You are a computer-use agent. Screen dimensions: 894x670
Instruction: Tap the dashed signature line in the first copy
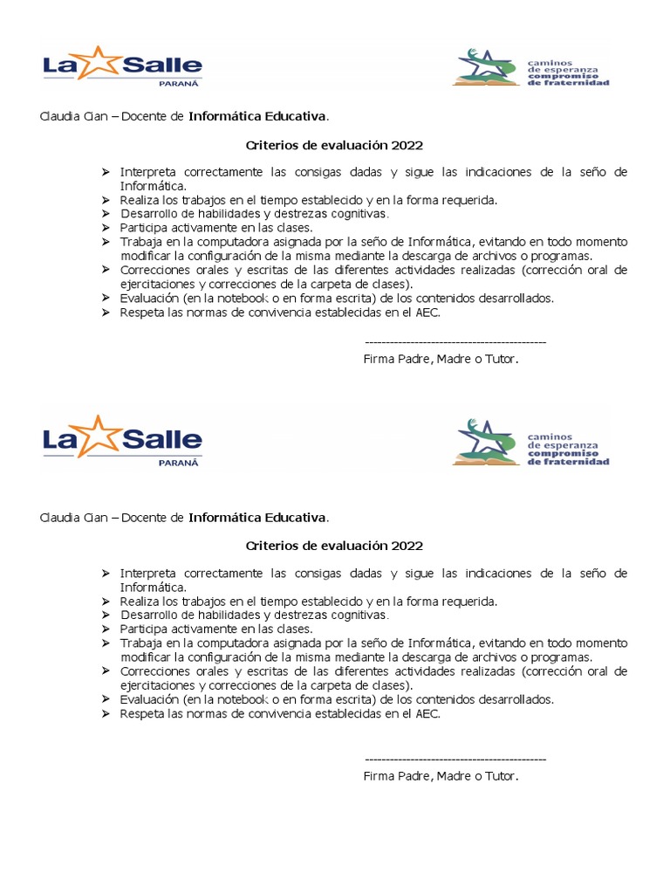point(455,343)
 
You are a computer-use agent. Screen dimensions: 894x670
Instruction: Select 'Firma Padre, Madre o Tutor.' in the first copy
point(441,359)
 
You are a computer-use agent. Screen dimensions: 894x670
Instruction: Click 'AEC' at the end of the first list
point(427,312)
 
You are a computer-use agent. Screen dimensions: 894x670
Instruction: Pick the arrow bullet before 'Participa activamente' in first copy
point(106,228)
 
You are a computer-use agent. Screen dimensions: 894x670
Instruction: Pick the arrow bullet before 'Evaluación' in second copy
point(106,699)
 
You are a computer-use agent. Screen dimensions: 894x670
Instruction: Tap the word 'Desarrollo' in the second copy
point(147,615)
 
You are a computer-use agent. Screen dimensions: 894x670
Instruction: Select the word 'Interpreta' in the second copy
point(147,574)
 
